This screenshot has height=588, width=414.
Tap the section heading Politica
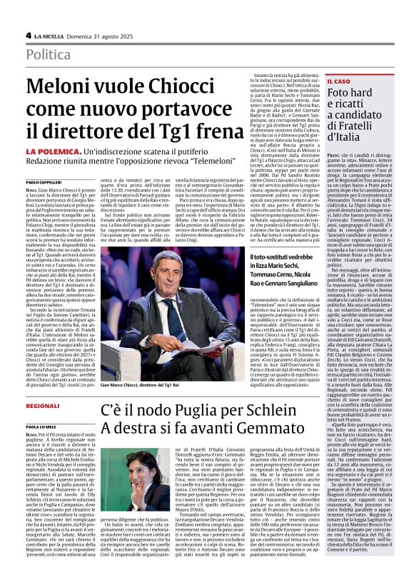[x=49, y=54]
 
